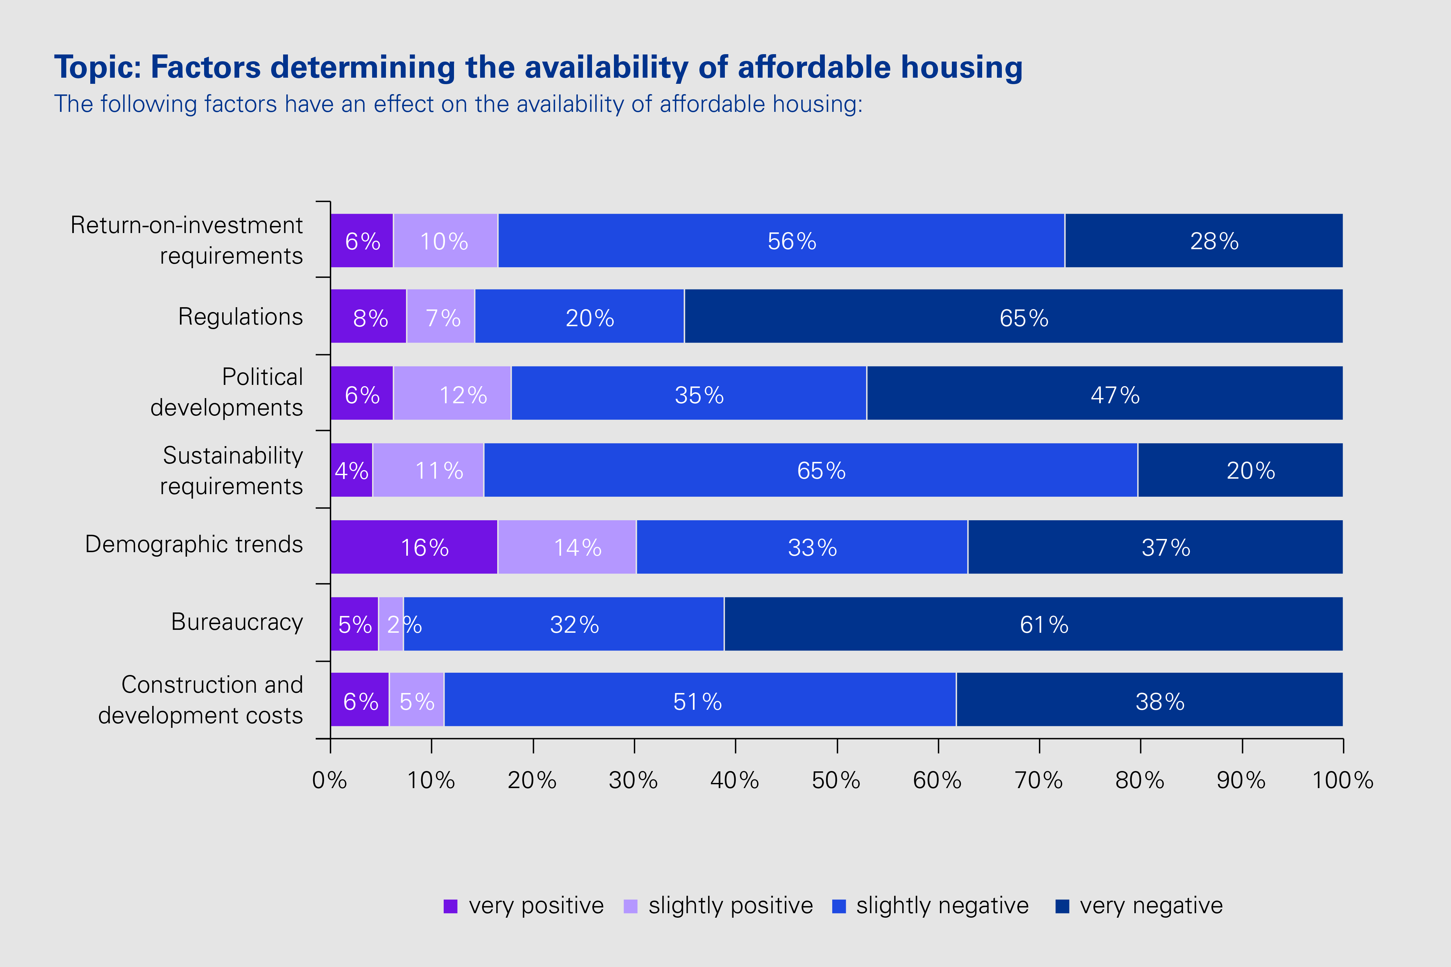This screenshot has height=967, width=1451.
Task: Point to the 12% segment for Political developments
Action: point(452,394)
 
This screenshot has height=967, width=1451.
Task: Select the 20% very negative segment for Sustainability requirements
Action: point(1240,470)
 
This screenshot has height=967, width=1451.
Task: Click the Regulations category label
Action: point(241,317)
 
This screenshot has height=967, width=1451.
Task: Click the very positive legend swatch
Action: point(450,906)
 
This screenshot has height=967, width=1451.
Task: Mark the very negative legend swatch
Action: point(1062,906)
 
